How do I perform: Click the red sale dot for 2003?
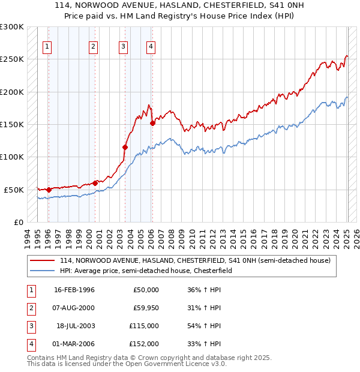[x=125, y=147]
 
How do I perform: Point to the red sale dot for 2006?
[x=152, y=123]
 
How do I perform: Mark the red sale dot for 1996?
[x=49, y=190]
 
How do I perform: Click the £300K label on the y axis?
[x=12, y=27]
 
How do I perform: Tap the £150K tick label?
[x=12, y=124]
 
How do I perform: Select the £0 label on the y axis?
[x=17, y=222]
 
